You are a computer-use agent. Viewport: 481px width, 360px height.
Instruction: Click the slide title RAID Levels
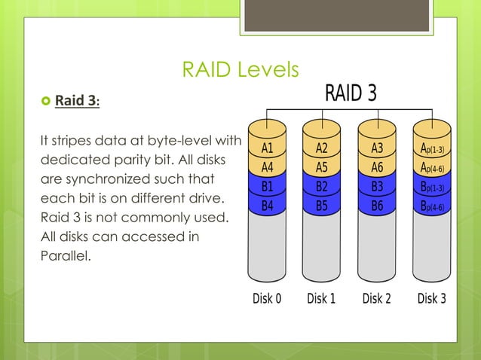click(240, 70)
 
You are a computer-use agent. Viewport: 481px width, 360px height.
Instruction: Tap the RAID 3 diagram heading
click(350, 93)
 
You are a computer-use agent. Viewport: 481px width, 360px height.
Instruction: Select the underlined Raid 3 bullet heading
click(78, 101)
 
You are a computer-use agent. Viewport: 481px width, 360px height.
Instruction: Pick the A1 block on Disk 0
click(267, 148)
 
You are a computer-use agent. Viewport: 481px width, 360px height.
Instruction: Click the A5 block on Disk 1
click(322, 167)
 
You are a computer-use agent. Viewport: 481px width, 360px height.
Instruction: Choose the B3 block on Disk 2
click(377, 186)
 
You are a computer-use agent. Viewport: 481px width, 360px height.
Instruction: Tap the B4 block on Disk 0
click(267, 205)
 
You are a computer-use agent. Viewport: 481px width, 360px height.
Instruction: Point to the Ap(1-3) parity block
click(431, 148)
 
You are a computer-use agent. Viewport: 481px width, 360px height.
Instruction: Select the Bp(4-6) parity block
click(431, 205)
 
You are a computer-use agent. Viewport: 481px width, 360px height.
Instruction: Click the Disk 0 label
click(267, 298)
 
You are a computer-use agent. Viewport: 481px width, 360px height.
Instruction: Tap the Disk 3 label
click(431, 298)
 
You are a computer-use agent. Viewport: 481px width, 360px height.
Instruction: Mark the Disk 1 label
click(322, 298)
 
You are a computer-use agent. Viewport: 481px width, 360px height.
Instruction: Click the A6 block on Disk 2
click(377, 167)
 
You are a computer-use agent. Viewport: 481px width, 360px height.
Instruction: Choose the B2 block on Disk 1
click(322, 186)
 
